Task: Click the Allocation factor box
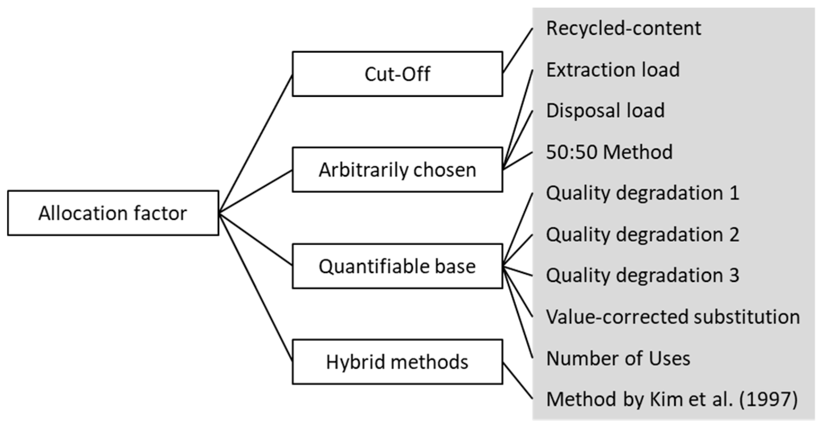click(113, 213)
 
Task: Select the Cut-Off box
click(397, 74)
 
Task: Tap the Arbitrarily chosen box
click(397, 169)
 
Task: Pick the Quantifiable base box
click(397, 266)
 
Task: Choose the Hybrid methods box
click(397, 362)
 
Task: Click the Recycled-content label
click(623, 28)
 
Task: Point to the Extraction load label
click(613, 70)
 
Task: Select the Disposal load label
click(605, 111)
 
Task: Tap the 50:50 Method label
click(609, 152)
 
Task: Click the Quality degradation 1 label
click(642, 193)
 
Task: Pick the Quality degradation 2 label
click(642, 235)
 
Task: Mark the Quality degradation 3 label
click(642, 276)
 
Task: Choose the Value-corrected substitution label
click(673, 317)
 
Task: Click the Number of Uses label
click(618, 358)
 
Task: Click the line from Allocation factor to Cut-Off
click(256, 143)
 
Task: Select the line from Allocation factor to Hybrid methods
click(256, 286)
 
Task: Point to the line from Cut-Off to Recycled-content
click(517, 51)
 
